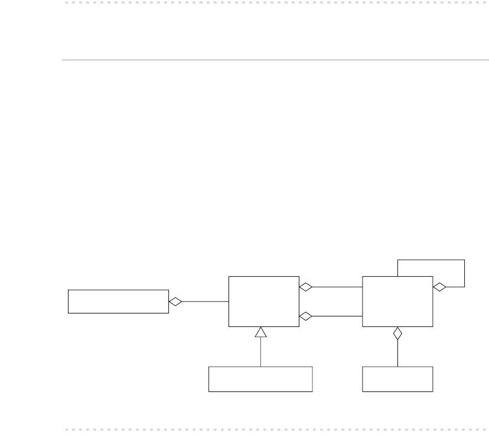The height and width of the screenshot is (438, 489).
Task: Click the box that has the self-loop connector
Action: coord(397,301)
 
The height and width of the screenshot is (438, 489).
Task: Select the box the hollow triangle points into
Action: coord(263,301)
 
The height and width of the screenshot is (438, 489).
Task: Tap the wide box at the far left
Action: coord(118,301)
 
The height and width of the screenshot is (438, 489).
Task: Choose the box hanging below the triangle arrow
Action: coord(260,379)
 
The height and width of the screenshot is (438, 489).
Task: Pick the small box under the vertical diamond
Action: coord(397,379)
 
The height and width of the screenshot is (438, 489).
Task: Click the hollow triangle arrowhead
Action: coord(260,332)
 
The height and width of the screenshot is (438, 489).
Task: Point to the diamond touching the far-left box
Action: coord(175,302)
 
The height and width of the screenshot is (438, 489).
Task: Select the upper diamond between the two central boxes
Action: coord(305,287)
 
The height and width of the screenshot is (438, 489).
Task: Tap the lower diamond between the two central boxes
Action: coord(305,316)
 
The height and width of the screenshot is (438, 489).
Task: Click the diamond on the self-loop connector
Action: coord(439,287)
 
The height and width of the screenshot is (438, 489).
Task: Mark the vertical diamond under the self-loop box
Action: coord(397,334)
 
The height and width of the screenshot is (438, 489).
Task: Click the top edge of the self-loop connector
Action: coord(431,260)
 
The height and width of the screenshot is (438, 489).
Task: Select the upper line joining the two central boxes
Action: coord(337,287)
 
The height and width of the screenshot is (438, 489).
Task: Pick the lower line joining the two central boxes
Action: coord(337,316)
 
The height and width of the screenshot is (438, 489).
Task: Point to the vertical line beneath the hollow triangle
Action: coord(260,352)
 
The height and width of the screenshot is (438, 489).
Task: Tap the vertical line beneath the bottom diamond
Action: coord(397,354)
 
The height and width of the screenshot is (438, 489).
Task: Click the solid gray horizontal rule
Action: coord(275,60)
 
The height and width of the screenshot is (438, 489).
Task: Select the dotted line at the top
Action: coord(275,2)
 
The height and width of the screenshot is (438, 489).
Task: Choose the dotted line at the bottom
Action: coord(275,429)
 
